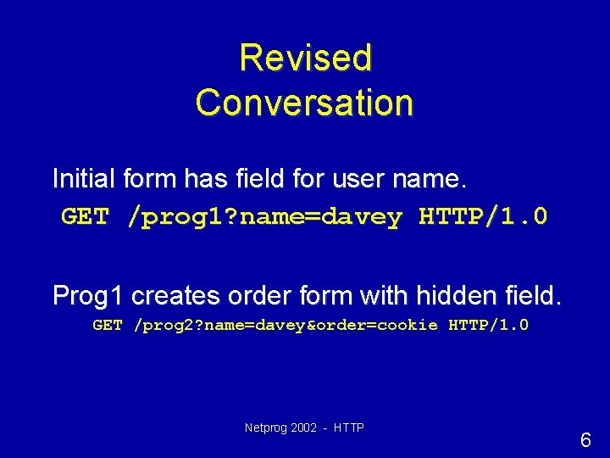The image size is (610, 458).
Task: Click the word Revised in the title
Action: [305, 58]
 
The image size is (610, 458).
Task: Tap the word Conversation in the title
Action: [305, 103]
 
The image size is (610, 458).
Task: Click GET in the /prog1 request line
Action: [85, 217]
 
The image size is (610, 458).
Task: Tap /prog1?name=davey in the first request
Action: [264, 217]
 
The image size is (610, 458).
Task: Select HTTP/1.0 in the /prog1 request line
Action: [484, 217]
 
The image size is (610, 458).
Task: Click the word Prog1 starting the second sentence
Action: [88, 295]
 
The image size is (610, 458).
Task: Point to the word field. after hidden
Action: [531, 295]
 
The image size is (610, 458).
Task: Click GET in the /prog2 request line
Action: [108, 325]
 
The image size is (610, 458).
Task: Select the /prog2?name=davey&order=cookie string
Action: [286, 325]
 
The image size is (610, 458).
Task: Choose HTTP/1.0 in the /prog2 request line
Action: [489, 325]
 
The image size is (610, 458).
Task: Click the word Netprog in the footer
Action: [263, 428]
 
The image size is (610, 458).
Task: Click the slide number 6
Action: [585, 440]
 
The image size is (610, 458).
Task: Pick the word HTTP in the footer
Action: [349, 428]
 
